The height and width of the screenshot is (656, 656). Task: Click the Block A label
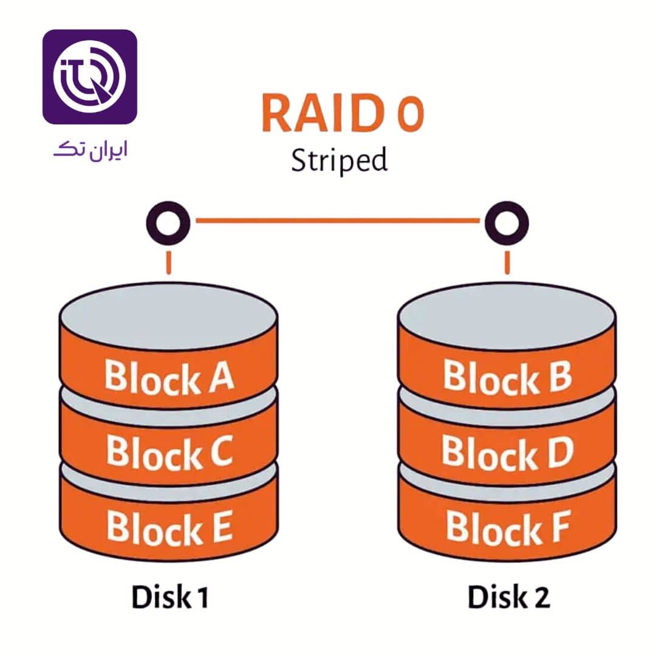pyautogui.click(x=169, y=376)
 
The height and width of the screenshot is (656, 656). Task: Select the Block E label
pyautogui.click(x=169, y=527)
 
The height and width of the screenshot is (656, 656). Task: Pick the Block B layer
pyautogui.click(x=507, y=376)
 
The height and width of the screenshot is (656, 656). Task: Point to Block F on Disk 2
pyautogui.click(x=507, y=527)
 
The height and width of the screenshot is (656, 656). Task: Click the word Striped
pyautogui.click(x=338, y=161)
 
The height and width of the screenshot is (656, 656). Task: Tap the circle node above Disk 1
pyautogui.click(x=168, y=223)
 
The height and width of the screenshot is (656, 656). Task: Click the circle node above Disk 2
pyautogui.click(x=507, y=223)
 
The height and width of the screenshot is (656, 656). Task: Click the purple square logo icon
pyautogui.click(x=90, y=77)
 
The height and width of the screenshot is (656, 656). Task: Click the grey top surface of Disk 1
pyautogui.click(x=169, y=319)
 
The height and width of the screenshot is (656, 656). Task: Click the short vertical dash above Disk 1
pyautogui.click(x=168, y=262)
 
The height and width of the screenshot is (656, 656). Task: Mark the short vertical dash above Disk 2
pyautogui.click(x=507, y=262)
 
